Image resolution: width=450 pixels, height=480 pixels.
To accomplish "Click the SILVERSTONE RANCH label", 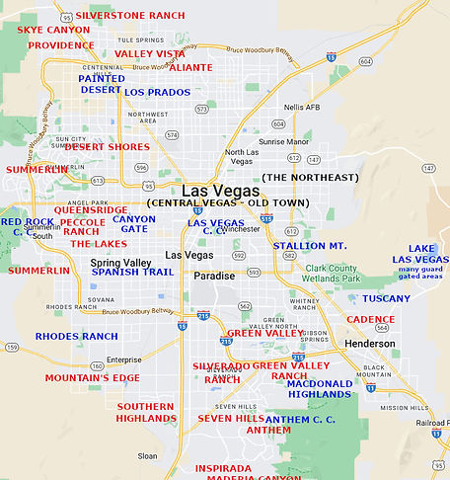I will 116,17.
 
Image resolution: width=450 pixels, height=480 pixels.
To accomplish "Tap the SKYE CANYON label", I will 53,31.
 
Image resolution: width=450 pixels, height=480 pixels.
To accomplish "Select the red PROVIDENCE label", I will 61,45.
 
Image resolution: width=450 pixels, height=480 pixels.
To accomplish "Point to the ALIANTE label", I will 190,68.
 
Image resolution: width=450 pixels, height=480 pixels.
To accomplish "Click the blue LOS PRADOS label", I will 157,92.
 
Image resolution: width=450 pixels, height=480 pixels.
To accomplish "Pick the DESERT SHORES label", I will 107,147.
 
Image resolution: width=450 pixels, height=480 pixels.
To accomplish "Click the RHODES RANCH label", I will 77,337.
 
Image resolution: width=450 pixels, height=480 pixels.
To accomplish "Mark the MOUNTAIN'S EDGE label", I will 92,378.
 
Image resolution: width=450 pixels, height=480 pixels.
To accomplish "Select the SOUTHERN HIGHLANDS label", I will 146,412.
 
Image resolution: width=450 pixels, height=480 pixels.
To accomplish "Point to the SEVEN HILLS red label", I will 231,419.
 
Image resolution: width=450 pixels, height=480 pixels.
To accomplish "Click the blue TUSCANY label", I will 386,298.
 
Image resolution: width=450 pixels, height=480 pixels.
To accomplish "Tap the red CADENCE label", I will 370,320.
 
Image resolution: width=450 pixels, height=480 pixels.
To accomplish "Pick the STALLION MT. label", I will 310,245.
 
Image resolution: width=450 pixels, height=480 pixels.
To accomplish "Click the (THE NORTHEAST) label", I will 310,177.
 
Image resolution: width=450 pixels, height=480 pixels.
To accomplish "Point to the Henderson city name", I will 370,344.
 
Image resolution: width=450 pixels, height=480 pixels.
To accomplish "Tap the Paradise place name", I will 214,277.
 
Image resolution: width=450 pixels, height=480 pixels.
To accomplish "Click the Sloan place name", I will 147,456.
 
